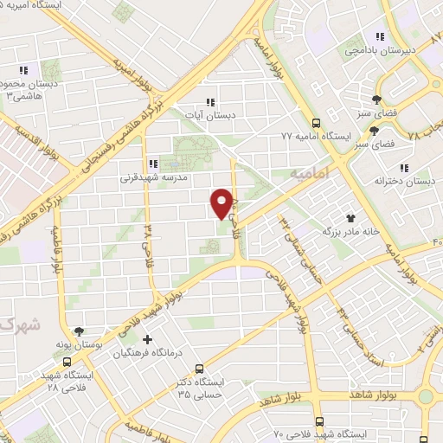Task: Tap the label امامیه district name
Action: tap(311, 174)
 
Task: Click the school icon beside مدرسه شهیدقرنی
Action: tap(152, 163)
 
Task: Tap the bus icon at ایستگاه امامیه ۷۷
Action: tap(317, 123)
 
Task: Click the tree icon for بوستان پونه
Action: tap(80, 331)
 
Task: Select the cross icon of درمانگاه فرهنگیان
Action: tap(147, 339)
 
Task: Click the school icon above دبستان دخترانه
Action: tap(402, 168)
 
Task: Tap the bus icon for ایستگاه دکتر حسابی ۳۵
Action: tap(199, 368)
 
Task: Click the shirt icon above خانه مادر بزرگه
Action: tap(351, 218)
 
